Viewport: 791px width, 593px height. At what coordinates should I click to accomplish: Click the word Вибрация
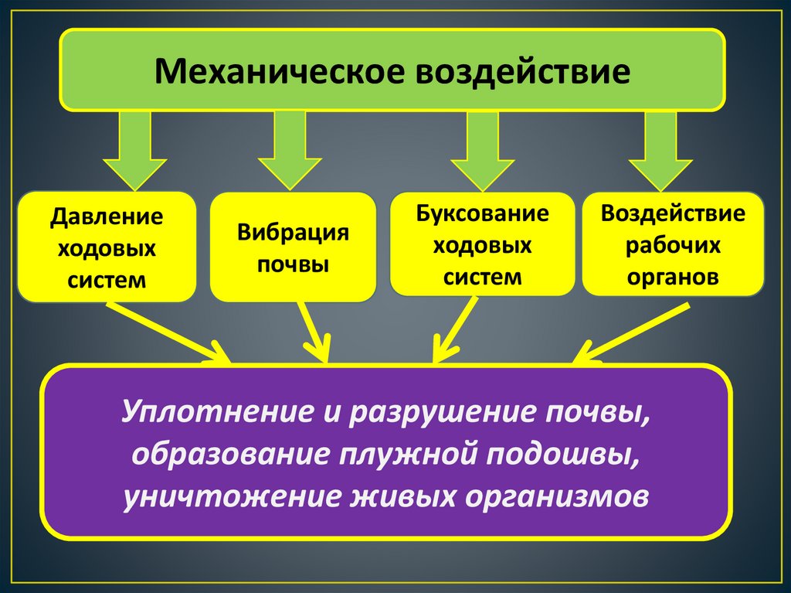pyautogui.click(x=293, y=233)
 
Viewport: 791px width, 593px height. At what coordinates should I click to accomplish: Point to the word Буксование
pyautogui.click(x=482, y=214)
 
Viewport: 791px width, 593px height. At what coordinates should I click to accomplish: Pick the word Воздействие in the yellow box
pyautogui.click(x=673, y=213)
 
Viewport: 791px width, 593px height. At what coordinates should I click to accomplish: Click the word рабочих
pyautogui.click(x=673, y=245)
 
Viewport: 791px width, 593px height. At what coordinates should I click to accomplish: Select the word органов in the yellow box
pyautogui.click(x=673, y=277)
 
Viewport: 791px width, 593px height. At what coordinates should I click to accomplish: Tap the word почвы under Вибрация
pyautogui.click(x=293, y=264)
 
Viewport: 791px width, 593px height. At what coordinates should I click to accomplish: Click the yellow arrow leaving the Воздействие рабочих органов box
pyautogui.click(x=630, y=333)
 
